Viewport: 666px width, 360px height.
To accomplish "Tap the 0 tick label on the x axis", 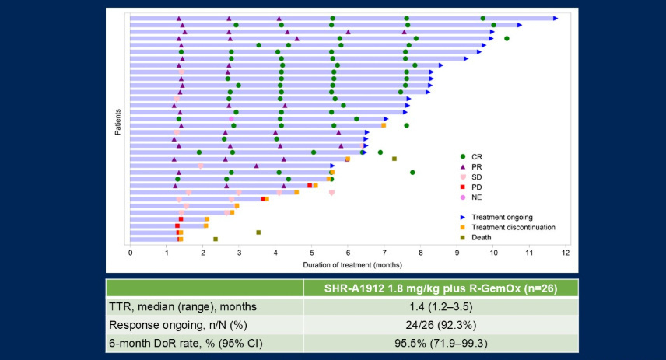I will click(x=130, y=253).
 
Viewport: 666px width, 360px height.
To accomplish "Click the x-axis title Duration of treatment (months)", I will click(x=348, y=264).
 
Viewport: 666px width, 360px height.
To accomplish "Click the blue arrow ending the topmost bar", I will click(x=556, y=18).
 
